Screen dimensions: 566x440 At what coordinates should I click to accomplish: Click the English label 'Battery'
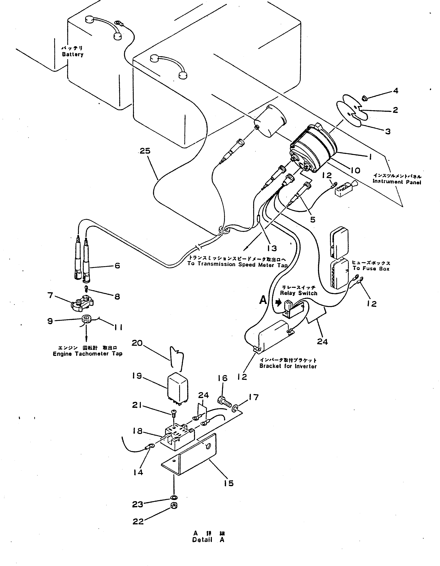pos(73,54)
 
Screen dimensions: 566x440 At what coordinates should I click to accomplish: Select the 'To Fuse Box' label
pos(371,269)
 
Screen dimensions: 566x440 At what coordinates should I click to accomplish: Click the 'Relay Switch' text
pos(299,293)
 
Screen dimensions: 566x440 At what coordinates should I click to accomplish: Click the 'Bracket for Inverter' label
pos(288,366)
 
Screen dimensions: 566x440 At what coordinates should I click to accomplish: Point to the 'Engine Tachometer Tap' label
pos(87,354)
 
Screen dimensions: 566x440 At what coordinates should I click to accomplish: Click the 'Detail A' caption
pos(208,540)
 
